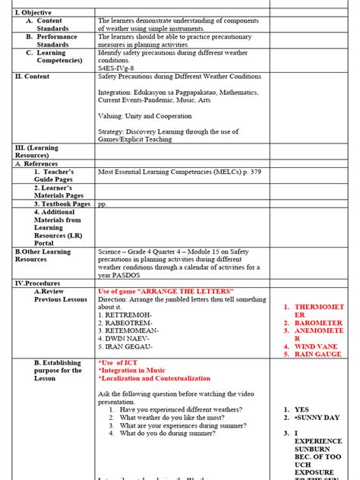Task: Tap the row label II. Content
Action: [33, 77]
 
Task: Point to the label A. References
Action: [38, 163]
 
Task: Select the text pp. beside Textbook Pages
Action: [103, 204]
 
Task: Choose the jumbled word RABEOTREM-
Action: [125, 323]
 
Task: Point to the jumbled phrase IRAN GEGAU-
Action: [125, 347]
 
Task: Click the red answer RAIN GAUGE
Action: [318, 354]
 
